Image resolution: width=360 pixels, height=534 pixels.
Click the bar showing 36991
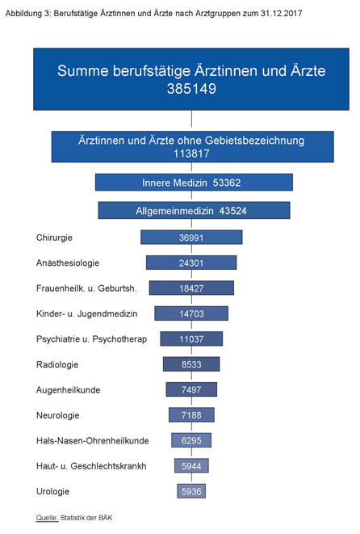[191, 238]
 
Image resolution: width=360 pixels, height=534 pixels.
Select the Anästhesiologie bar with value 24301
[191, 263]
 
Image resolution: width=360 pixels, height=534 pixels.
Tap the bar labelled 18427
[191, 288]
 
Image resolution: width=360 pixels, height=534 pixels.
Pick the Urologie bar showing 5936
[191, 491]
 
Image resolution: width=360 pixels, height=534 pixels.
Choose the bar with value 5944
[191, 466]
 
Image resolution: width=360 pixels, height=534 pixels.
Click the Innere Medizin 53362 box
[194, 183]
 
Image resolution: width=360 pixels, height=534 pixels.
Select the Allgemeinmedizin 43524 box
[194, 211]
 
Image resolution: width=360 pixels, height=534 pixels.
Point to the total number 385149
[191, 89]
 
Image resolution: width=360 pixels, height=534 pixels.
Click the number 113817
[191, 154]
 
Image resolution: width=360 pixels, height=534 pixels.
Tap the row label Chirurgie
[54, 238]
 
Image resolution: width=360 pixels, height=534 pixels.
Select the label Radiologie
[57, 364]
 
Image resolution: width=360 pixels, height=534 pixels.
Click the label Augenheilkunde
[68, 390]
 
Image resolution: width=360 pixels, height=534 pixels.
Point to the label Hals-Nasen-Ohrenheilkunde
[93, 440]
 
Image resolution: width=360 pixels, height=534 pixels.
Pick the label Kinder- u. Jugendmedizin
[86, 313]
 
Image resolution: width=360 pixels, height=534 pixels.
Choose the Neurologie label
[58, 415]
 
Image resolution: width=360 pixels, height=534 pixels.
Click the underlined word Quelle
[47, 518]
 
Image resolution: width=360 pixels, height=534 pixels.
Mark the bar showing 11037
[191, 338]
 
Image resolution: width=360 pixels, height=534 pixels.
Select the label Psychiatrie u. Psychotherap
[91, 339]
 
